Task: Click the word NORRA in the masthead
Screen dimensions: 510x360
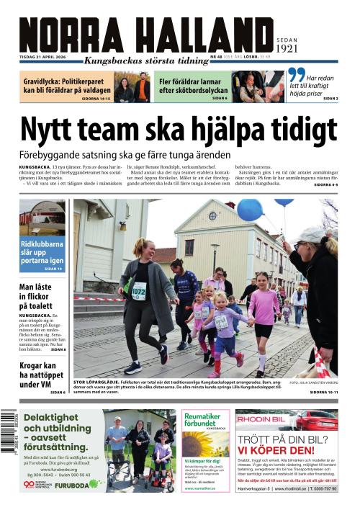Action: [69, 35]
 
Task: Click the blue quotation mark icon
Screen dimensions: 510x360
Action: [295, 75]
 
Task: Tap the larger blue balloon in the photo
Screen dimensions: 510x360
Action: [250, 210]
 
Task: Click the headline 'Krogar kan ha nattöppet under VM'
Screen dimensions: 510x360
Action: [42, 372]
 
